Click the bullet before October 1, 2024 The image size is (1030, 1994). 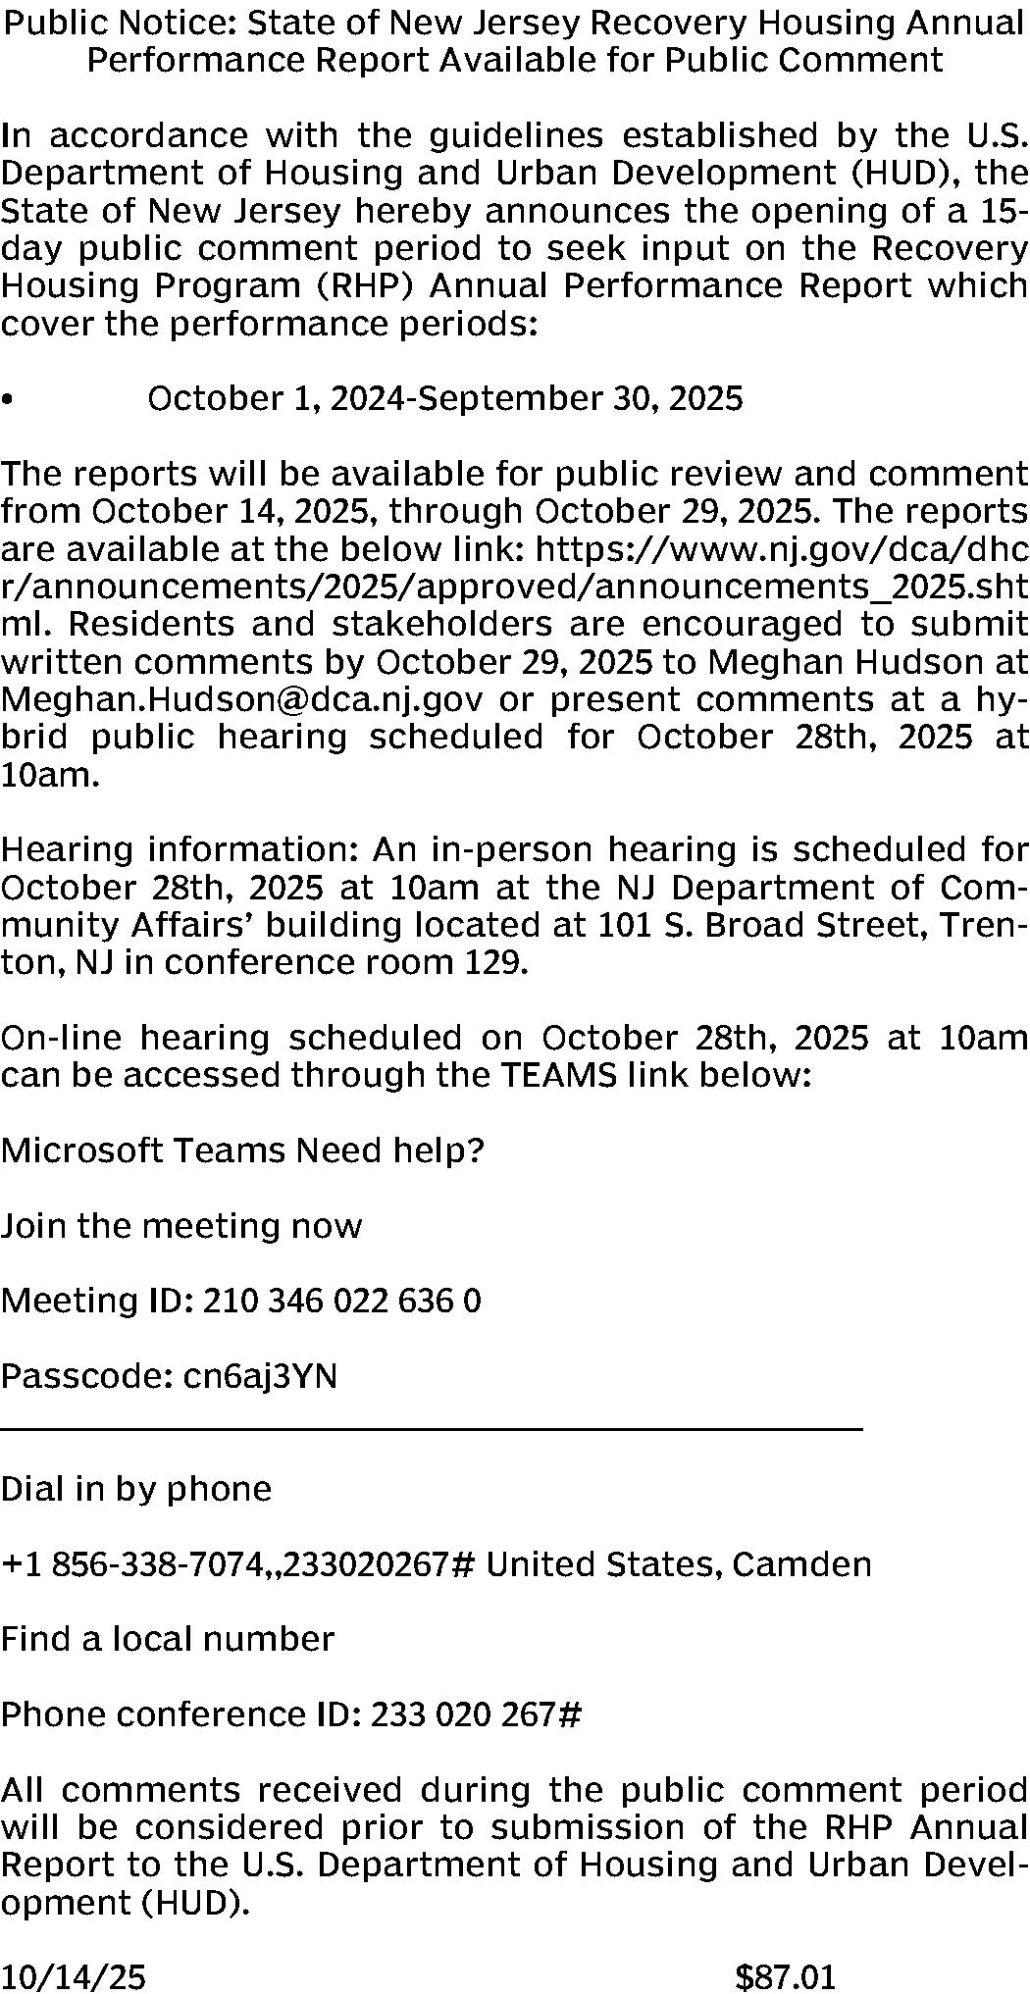(8, 400)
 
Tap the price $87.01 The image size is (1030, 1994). (785, 1975)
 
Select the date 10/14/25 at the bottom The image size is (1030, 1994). (73, 1975)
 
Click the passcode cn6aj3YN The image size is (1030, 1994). (260, 1376)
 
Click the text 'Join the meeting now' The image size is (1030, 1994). (181, 1226)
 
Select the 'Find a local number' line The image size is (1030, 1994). (168, 1639)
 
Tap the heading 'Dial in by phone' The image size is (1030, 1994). (136, 1489)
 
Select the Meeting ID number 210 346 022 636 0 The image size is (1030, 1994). (341, 1302)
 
